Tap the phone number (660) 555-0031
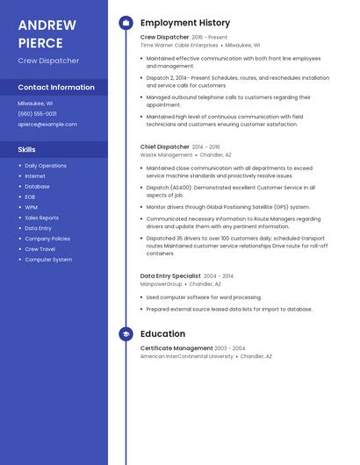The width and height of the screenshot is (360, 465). pyautogui.click(x=37, y=113)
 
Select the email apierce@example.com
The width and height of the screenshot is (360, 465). pyautogui.click(x=47, y=124)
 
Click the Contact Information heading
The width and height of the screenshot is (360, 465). pyautogui.click(x=56, y=87)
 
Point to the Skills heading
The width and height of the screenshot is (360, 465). pyautogui.click(x=26, y=149)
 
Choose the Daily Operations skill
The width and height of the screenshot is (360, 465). pyautogui.click(x=46, y=165)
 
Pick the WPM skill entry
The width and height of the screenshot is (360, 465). pyautogui.click(x=32, y=207)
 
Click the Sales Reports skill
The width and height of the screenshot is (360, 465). pyautogui.click(x=41, y=218)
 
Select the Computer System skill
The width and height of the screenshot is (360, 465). pyautogui.click(x=48, y=260)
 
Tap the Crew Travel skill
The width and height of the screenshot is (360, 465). pyautogui.click(x=40, y=249)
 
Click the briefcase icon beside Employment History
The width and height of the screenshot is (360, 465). pyautogui.click(x=126, y=23)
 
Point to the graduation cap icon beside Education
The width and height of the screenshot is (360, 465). pyautogui.click(x=126, y=334)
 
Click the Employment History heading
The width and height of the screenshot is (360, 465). pyautogui.click(x=185, y=23)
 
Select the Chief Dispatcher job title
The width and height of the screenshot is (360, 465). pyautogui.click(x=165, y=147)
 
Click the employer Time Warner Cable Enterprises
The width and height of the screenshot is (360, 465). pyautogui.click(x=179, y=45)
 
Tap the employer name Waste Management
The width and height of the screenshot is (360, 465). pyautogui.click(x=166, y=154)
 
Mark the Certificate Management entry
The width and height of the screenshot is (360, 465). pyautogui.click(x=176, y=348)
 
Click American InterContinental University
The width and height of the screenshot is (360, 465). pyautogui.click(x=186, y=356)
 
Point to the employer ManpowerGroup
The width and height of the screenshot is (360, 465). pyautogui.click(x=162, y=283)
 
